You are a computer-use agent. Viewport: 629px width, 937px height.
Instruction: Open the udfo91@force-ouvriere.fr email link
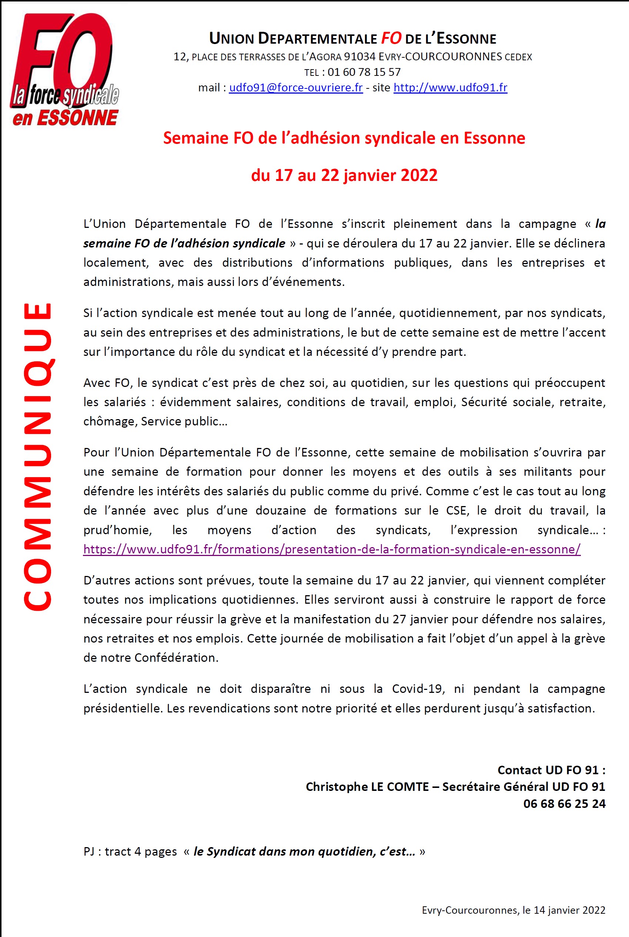[x=296, y=88]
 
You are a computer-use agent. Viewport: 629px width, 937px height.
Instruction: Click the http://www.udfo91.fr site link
[x=450, y=88]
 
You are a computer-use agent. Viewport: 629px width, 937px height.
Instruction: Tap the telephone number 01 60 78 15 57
[x=364, y=72]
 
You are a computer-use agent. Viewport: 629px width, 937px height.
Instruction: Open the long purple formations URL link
[x=332, y=549]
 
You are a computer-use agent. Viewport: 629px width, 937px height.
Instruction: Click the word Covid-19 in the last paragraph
[x=417, y=688]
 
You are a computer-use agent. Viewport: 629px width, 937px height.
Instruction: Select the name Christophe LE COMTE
[x=367, y=786]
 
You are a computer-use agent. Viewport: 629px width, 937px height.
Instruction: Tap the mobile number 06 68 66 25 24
[x=564, y=803]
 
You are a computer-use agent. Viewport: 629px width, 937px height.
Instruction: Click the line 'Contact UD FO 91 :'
[x=551, y=769]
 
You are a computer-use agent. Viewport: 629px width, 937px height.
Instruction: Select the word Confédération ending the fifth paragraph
[x=176, y=658]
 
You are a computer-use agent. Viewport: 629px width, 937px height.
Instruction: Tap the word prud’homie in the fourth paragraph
[x=117, y=530]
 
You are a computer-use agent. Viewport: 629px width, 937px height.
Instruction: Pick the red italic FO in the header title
[x=391, y=38]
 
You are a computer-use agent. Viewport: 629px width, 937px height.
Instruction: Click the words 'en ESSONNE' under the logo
[x=66, y=118]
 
